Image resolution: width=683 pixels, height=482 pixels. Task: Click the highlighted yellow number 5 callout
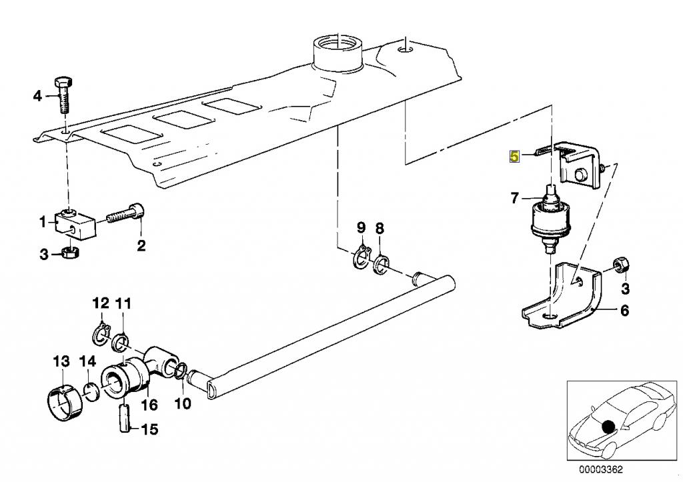click(515, 157)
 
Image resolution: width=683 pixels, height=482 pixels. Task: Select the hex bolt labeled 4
click(64, 95)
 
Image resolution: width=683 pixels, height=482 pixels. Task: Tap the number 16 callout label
click(149, 405)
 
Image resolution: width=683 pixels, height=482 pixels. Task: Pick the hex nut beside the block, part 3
click(69, 253)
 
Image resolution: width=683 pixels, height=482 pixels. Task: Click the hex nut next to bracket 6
click(620, 265)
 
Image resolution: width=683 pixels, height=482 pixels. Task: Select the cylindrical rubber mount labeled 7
click(549, 220)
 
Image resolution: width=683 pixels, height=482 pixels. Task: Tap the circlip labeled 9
click(362, 259)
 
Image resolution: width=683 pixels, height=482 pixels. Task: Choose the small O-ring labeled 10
click(182, 371)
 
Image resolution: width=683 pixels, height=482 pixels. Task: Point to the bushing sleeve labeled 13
click(65, 403)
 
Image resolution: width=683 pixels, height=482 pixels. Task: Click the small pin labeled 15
click(125, 418)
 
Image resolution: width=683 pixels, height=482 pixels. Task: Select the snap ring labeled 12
click(103, 335)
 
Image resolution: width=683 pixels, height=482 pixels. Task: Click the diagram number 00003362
click(601, 469)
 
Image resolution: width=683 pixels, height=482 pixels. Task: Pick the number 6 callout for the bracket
click(624, 311)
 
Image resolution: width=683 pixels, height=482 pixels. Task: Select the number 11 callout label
click(123, 303)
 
